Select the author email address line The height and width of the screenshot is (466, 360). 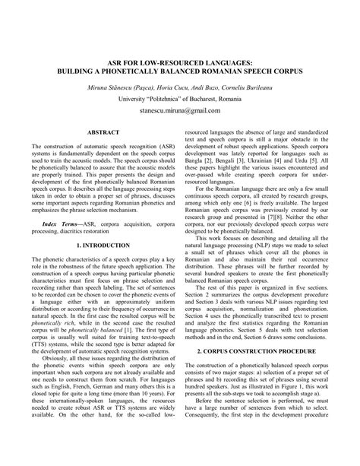[x=179, y=111]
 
